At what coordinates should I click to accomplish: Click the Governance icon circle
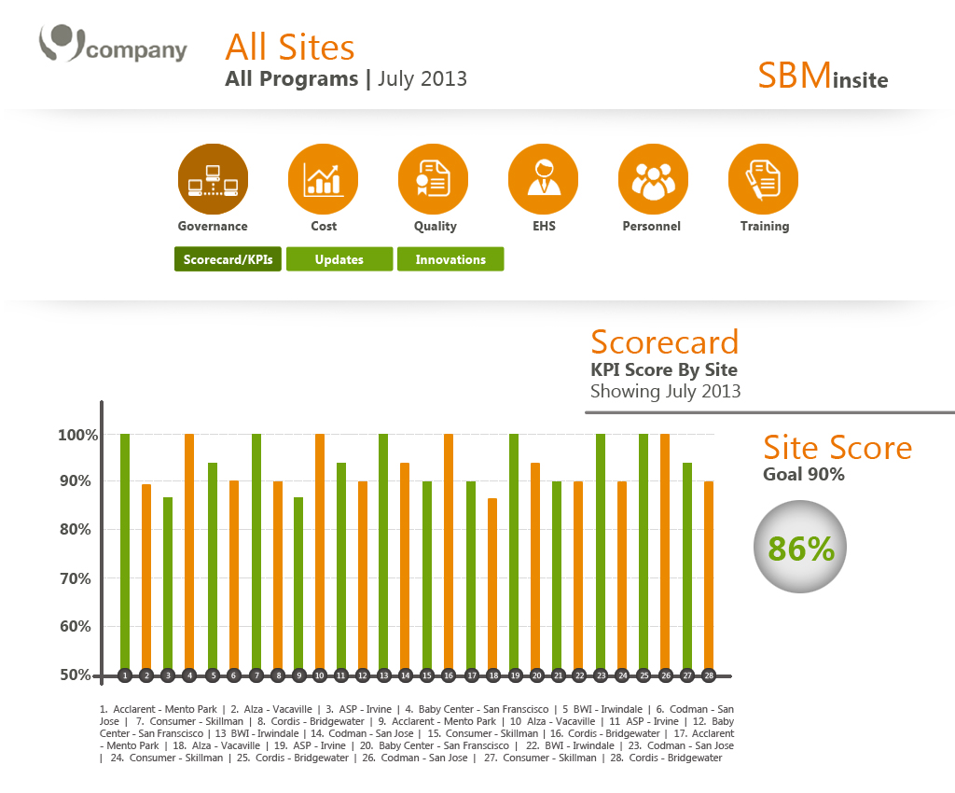tap(213, 179)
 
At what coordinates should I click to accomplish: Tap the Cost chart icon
tap(323, 179)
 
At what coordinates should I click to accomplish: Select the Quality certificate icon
tap(433, 179)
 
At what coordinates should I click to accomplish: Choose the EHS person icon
tap(543, 179)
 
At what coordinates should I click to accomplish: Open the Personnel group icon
tap(653, 179)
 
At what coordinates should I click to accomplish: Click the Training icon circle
tap(763, 179)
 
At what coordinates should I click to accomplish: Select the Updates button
tap(339, 259)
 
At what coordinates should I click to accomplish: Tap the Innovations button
tap(450, 259)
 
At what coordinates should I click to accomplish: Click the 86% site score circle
tap(799, 548)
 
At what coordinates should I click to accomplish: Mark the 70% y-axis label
tap(75, 578)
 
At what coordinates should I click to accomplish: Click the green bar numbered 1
tap(125, 550)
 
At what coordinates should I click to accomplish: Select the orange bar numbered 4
tap(189, 550)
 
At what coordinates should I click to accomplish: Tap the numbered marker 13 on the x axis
tap(383, 675)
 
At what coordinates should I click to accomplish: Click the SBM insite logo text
tap(823, 76)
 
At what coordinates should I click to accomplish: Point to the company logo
tap(112, 47)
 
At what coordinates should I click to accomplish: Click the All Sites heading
tap(290, 47)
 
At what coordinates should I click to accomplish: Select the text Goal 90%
tap(803, 475)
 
